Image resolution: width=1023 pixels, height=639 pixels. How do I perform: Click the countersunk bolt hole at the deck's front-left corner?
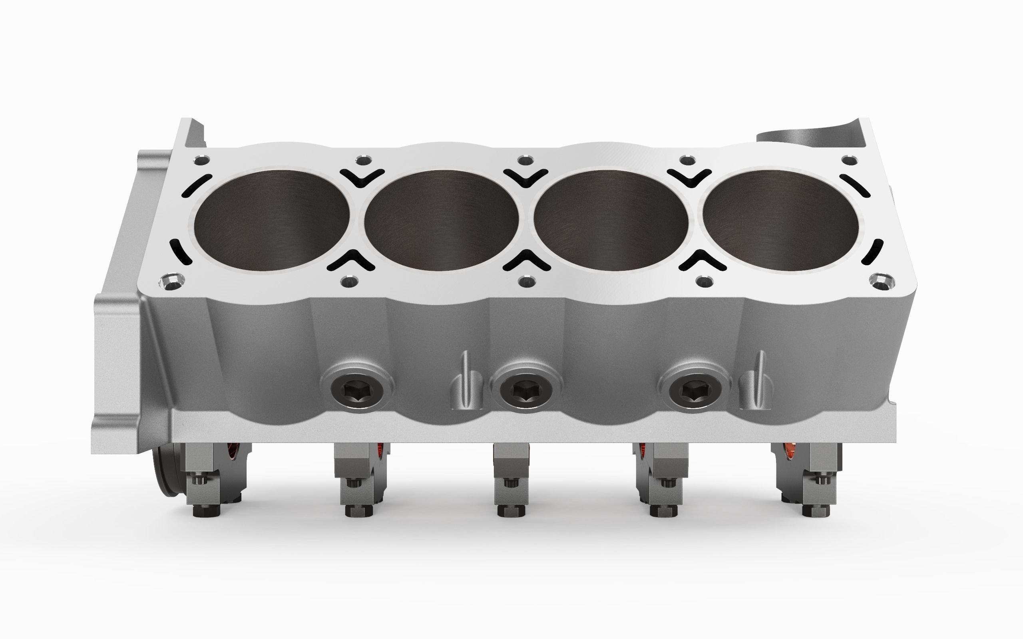point(171,282)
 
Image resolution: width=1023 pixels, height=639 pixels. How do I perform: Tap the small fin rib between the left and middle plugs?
point(465,380)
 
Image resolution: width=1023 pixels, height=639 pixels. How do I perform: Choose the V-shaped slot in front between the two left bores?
point(351,260)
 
